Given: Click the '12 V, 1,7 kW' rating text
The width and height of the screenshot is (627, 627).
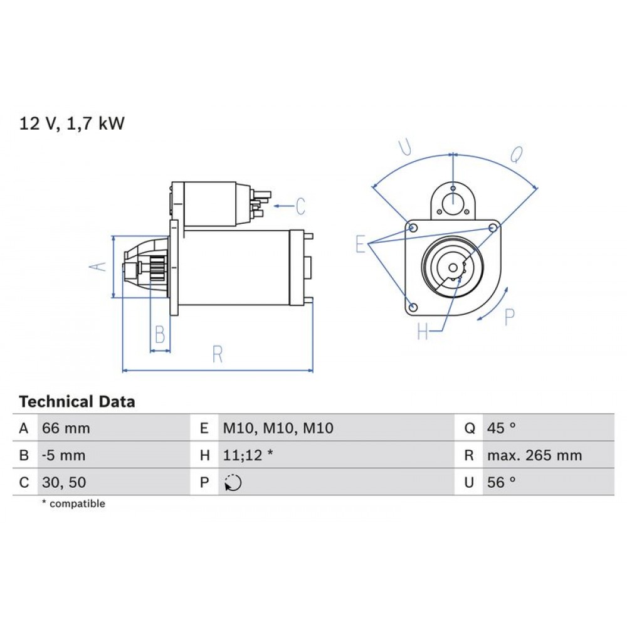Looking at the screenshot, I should click(72, 124).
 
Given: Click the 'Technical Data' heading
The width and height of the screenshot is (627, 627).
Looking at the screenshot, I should click(77, 401).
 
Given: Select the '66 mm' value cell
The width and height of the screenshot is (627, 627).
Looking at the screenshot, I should click(66, 429).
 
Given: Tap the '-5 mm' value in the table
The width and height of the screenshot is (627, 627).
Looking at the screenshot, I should click(63, 455).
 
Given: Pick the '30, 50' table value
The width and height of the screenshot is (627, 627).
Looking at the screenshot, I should click(64, 483).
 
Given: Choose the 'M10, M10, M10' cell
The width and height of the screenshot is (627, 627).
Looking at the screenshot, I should click(278, 429).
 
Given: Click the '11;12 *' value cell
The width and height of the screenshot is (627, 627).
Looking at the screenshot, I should click(248, 455).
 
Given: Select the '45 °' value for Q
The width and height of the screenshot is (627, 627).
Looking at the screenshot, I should click(501, 429).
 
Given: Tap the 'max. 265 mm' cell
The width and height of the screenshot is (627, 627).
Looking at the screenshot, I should click(534, 455).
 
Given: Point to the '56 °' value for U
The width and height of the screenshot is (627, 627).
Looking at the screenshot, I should click(501, 483).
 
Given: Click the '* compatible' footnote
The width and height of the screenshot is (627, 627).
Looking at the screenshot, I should click(73, 503).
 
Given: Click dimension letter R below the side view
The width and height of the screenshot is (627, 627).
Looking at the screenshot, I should click(218, 354).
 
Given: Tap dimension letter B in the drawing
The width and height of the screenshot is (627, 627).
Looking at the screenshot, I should click(160, 335).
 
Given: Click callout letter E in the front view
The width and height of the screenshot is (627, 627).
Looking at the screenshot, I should click(360, 243).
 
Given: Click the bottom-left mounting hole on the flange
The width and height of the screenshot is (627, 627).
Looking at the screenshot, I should click(413, 307).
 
